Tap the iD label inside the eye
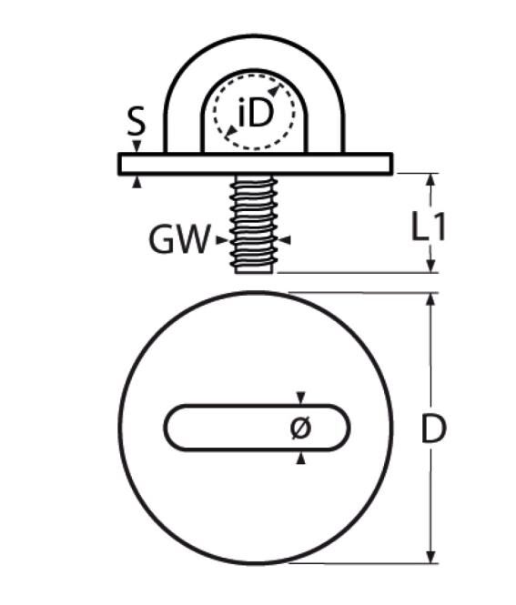pos(254,113)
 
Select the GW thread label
pos(178,240)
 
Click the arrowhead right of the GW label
pos(222,240)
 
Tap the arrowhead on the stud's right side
pos(284,240)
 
